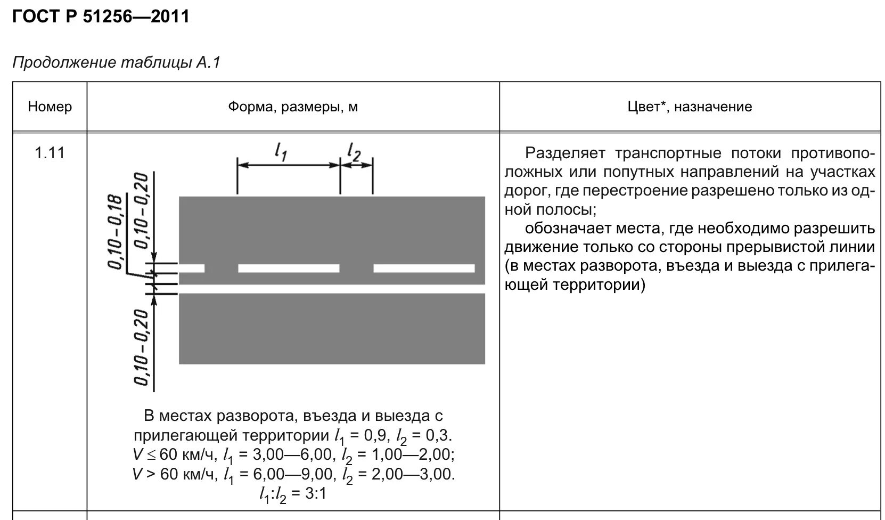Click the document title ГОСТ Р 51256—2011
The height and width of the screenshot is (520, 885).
[101, 17]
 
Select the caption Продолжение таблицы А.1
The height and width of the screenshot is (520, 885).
[116, 63]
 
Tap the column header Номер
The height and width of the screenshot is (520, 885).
[50, 107]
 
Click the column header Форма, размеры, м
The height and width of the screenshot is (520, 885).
[293, 107]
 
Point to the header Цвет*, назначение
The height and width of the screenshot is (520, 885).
[690, 107]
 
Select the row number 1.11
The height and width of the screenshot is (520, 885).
[50, 153]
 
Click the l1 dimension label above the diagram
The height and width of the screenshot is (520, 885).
[281, 152]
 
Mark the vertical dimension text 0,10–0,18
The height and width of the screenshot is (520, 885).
[116, 232]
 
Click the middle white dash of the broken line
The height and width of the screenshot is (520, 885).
[289, 268]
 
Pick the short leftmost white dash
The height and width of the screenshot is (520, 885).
[191, 268]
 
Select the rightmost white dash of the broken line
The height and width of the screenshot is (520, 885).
[424, 268]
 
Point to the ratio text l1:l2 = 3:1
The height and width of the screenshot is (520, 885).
[292, 494]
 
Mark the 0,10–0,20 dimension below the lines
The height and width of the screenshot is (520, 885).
[141, 346]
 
